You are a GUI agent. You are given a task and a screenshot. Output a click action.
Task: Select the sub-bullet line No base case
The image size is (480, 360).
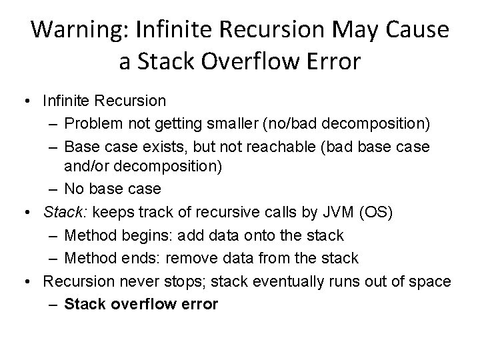pos(113,189)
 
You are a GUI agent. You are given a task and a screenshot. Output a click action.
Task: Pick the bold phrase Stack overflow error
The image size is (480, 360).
pos(141,304)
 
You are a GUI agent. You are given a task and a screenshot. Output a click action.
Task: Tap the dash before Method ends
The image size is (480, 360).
pos(53,257)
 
